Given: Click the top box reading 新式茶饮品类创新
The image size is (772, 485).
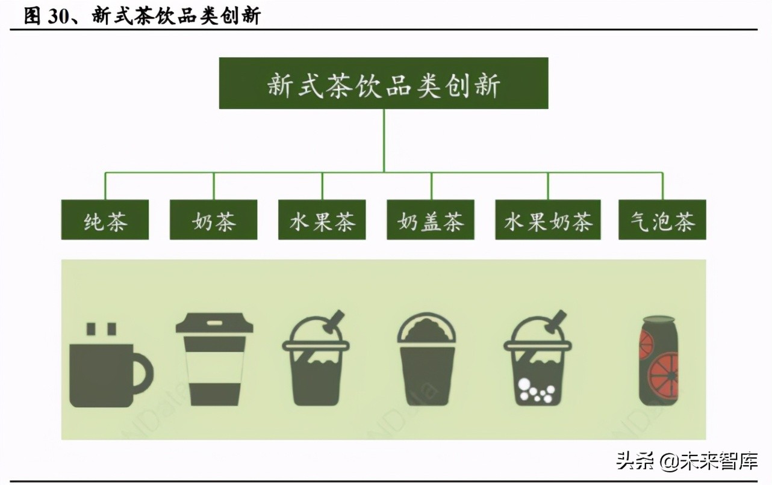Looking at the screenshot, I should [x=383, y=83].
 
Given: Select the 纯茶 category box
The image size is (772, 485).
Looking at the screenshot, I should [x=105, y=220].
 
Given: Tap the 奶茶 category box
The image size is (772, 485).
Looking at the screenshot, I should [x=213, y=220].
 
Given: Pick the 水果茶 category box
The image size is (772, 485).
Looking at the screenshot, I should [x=322, y=220].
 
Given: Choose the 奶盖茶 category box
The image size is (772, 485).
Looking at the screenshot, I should [x=430, y=220].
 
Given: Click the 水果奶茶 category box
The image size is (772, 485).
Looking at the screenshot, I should [x=548, y=220].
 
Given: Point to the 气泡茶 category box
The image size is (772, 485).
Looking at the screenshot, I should [x=662, y=220].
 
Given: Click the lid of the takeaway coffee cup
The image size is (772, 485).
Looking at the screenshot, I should [x=214, y=324].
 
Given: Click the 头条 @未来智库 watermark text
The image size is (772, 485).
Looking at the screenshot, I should [x=686, y=462].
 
